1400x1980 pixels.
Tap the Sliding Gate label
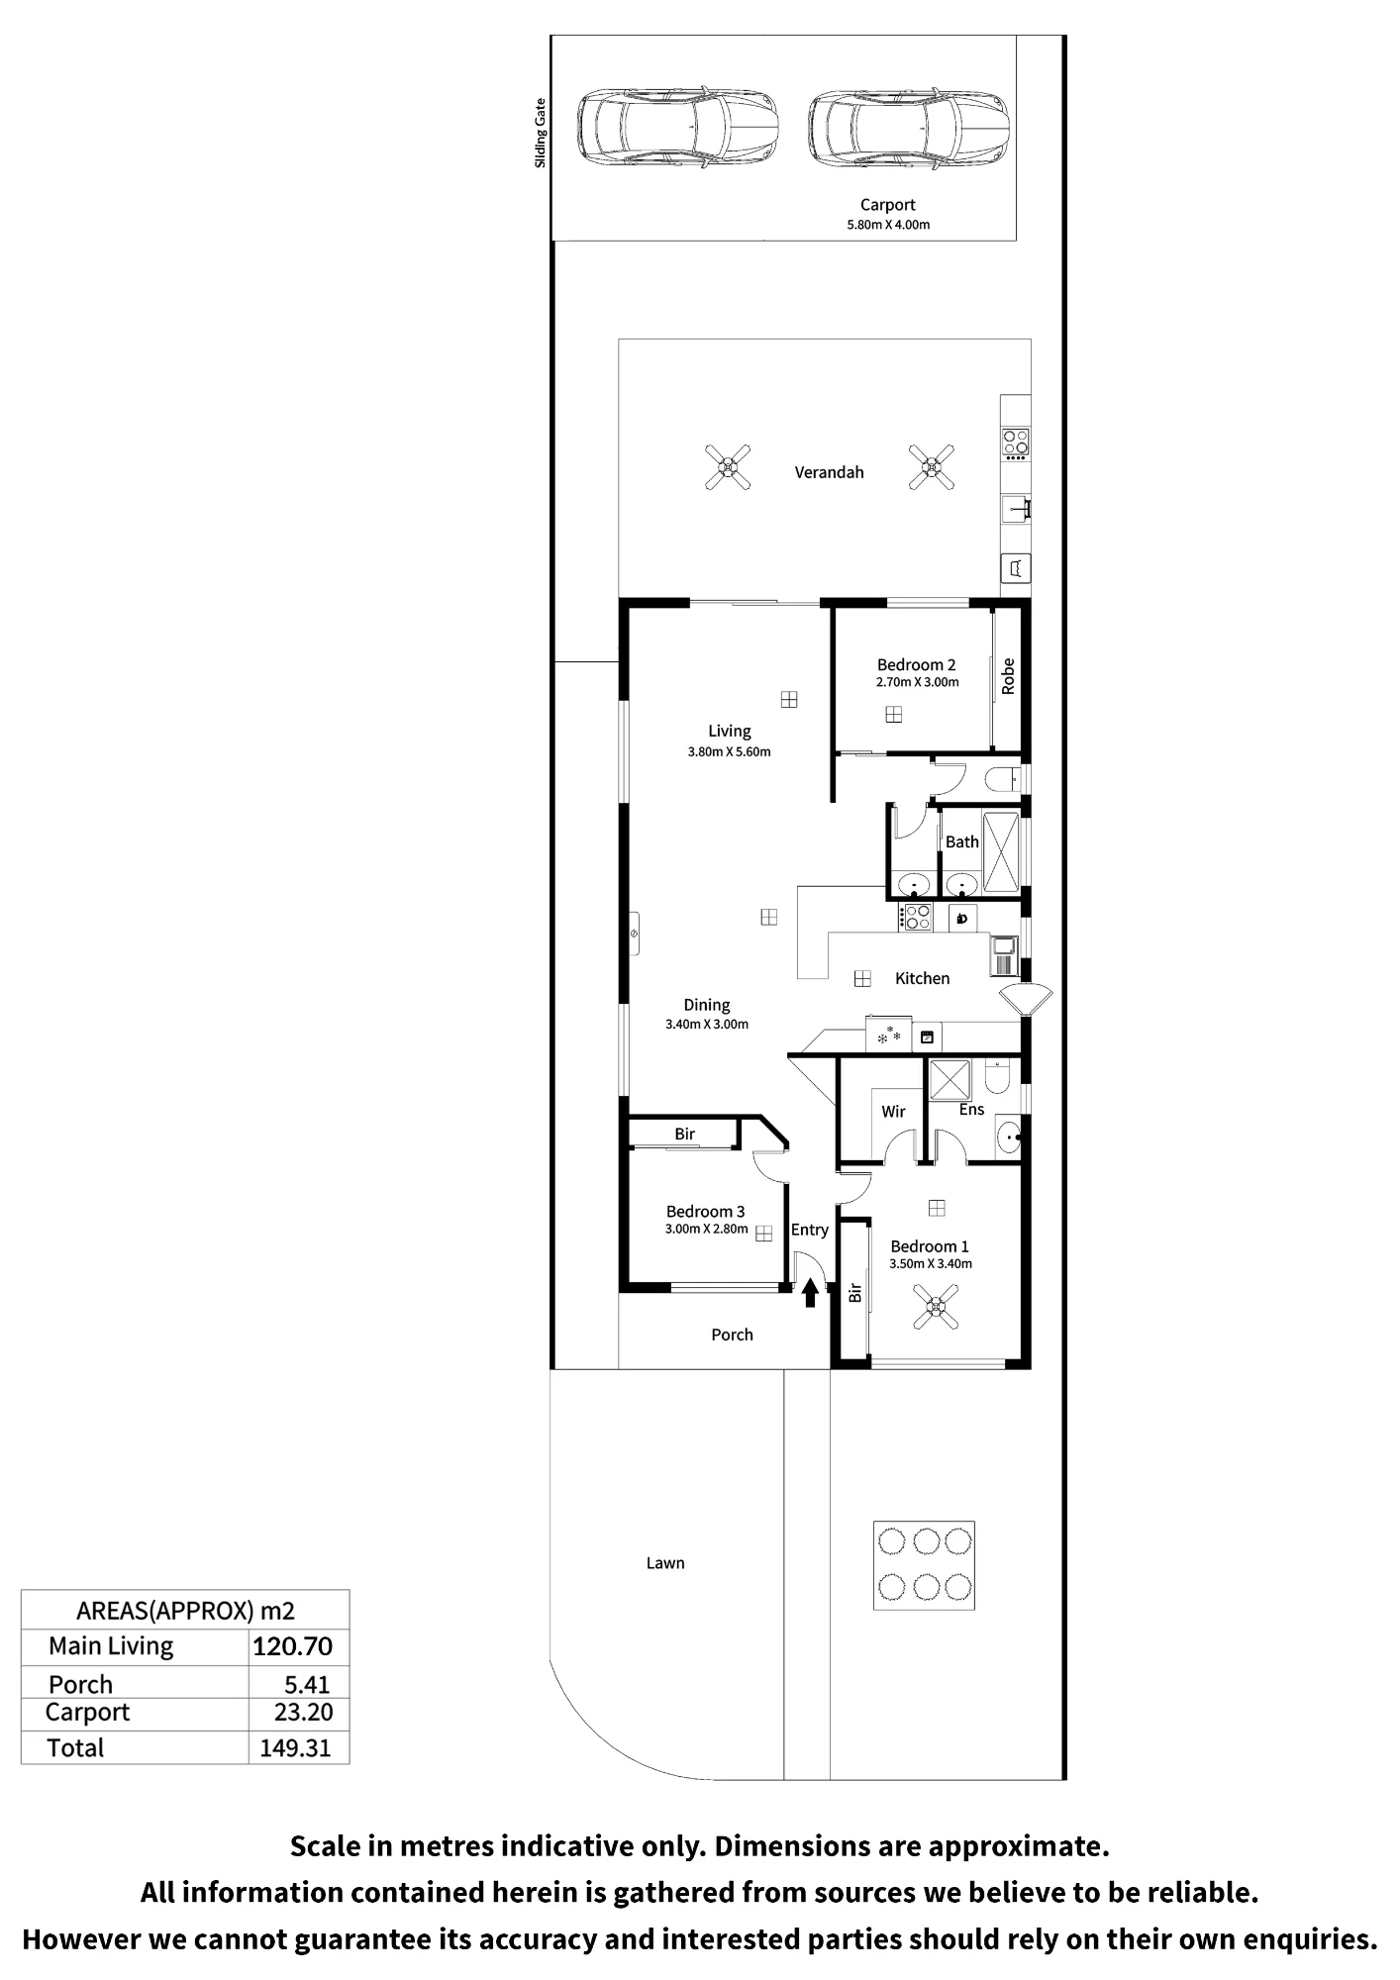coord(541,133)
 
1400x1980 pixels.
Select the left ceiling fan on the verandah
coord(728,467)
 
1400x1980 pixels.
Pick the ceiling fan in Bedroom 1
coord(936,1307)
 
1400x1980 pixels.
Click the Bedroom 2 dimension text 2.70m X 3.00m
coord(917,682)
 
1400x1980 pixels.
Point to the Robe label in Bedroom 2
coord(1008,676)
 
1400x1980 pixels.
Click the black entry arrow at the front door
coord(810,1292)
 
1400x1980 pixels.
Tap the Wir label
coord(893,1112)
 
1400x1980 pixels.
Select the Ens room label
coord(971,1110)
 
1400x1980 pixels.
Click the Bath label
coord(961,841)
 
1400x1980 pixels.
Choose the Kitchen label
coord(922,978)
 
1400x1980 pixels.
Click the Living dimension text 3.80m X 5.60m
coord(729,751)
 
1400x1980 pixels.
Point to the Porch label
coord(732,1335)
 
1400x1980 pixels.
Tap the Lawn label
coord(665,1563)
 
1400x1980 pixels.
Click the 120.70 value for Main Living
coord(293,1646)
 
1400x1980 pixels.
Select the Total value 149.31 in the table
coord(295,1748)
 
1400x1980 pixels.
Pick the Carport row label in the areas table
coord(87,1713)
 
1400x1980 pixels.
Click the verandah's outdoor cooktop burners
coord(1016,443)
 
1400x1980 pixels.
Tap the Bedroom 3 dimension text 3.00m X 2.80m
coord(706,1229)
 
